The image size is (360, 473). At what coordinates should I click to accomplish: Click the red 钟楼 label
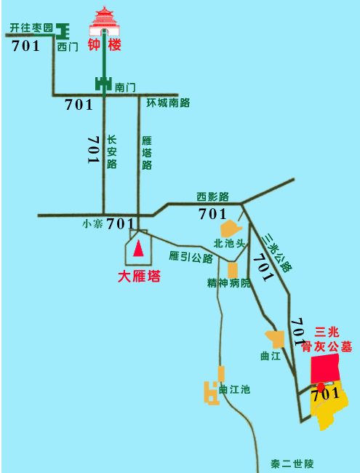105,45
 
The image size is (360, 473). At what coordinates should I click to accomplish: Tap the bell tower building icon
105,22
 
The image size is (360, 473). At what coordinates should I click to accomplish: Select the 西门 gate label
68,47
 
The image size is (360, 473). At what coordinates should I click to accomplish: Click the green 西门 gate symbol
64,31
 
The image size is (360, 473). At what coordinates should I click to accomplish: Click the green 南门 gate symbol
104,85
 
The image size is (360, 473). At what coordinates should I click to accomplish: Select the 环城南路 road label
168,103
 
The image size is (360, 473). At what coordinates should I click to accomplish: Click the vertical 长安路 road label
112,151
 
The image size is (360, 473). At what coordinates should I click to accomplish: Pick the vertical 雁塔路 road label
147,152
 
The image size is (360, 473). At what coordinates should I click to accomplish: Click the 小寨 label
92,224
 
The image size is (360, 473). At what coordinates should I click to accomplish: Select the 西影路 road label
212,196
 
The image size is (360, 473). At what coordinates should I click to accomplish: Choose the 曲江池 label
234,389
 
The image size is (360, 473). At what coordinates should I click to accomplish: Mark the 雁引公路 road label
191,257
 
